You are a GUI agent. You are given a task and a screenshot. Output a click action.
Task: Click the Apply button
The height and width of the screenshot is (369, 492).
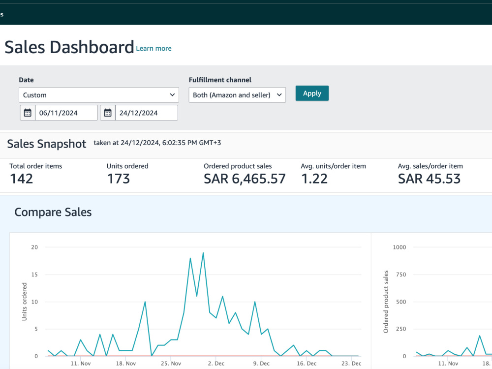[312, 93]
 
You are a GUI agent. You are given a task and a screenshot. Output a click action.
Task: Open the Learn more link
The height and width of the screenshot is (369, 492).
[154, 48]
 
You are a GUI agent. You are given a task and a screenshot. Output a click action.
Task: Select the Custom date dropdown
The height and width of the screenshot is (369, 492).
[99, 95]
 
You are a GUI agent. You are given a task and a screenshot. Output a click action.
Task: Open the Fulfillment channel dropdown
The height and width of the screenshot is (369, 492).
[237, 95]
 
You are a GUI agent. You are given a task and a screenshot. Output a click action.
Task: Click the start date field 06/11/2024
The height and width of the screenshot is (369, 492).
[66, 113]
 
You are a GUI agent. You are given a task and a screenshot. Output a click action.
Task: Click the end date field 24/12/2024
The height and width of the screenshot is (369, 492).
[147, 113]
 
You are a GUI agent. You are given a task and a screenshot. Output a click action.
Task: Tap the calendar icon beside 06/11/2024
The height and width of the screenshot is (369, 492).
[28, 113]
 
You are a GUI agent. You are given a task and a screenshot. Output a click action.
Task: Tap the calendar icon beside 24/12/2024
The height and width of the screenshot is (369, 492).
[108, 113]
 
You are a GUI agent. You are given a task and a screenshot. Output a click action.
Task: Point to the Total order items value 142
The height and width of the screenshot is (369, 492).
[21, 179]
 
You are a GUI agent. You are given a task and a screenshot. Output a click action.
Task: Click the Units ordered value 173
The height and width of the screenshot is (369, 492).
[118, 179]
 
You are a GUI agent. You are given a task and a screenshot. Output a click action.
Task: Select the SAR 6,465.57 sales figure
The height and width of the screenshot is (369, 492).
[245, 179]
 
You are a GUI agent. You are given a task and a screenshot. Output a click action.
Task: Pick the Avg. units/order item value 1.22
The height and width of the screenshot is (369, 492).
[314, 179]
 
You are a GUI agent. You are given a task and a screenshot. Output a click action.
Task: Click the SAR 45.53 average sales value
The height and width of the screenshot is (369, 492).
[429, 179]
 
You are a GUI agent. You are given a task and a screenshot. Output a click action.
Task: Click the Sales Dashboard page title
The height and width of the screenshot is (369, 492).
[69, 47]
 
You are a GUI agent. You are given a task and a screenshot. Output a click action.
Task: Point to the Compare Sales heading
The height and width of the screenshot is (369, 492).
[53, 212]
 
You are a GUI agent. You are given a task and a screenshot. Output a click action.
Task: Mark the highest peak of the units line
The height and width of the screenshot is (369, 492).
[203, 252]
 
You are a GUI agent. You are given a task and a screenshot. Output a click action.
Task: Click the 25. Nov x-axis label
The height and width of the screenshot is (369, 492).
[171, 364]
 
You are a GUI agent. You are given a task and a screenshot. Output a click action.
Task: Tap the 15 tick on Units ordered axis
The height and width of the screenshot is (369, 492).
[34, 275]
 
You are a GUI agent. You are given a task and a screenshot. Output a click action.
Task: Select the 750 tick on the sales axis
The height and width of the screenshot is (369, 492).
[401, 275]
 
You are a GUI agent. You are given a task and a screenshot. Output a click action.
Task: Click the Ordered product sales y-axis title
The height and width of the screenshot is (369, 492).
[386, 302]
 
